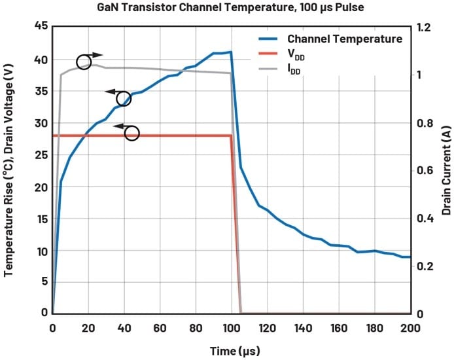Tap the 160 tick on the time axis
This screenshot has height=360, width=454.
[338, 326]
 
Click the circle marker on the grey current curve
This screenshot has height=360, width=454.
[84, 62]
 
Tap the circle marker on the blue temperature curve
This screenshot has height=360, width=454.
[124, 99]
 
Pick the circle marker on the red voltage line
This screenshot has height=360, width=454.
[131, 134]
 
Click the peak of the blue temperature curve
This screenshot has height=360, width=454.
[230, 52]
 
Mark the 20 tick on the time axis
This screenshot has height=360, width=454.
[88, 326]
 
